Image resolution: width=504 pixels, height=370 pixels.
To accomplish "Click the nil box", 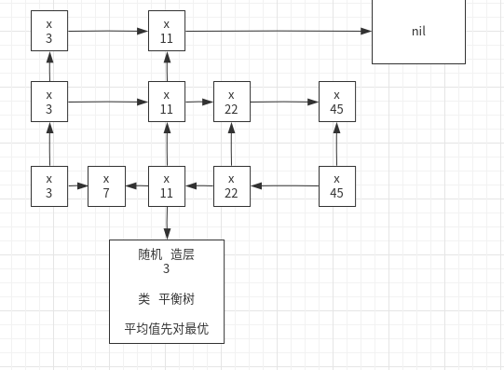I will tap(418, 31).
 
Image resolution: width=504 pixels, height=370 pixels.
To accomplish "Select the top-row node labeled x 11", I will tap(167, 31).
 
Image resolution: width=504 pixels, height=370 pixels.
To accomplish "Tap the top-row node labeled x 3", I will tap(49, 31).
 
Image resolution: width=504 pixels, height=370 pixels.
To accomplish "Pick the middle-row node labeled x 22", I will tap(232, 102).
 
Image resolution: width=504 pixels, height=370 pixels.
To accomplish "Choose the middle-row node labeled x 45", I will tap(336, 102).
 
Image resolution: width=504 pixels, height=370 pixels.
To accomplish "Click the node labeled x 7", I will tap(106, 185).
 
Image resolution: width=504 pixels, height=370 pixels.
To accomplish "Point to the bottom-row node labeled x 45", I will tap(336, 185).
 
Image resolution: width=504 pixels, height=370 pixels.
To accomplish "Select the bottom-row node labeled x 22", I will tap(232, 185).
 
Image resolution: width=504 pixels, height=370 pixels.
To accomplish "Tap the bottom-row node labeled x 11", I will tap(167, 185).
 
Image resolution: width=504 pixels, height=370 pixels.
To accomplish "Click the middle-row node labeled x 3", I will tap(49, 102).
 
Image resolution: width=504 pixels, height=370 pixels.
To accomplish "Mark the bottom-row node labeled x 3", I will tap(49, 185).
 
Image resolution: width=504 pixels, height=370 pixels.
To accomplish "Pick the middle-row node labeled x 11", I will tap(167, 102).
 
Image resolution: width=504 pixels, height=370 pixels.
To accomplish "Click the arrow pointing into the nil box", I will tap(279, 31).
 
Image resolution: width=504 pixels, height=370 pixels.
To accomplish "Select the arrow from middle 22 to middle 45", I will tap(284, 101).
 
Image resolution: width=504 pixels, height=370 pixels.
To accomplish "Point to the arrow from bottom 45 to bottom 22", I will tap(284, 185).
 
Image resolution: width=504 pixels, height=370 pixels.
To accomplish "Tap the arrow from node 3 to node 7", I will tap(77, 185).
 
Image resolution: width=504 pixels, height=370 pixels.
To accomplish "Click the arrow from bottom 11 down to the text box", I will tap(167, 223).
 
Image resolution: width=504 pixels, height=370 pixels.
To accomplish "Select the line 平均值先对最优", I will tap(167, 328).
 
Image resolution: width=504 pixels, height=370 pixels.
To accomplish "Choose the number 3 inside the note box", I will tap(167, 269).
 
